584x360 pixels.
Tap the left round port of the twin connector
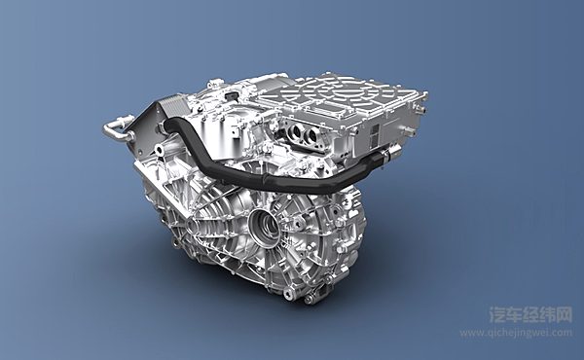[297, 130]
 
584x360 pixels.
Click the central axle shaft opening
[265, 226]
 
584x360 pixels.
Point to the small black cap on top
[233, 96]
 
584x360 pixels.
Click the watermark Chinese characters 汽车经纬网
[530, 314]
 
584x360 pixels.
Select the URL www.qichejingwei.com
[516, 333]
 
